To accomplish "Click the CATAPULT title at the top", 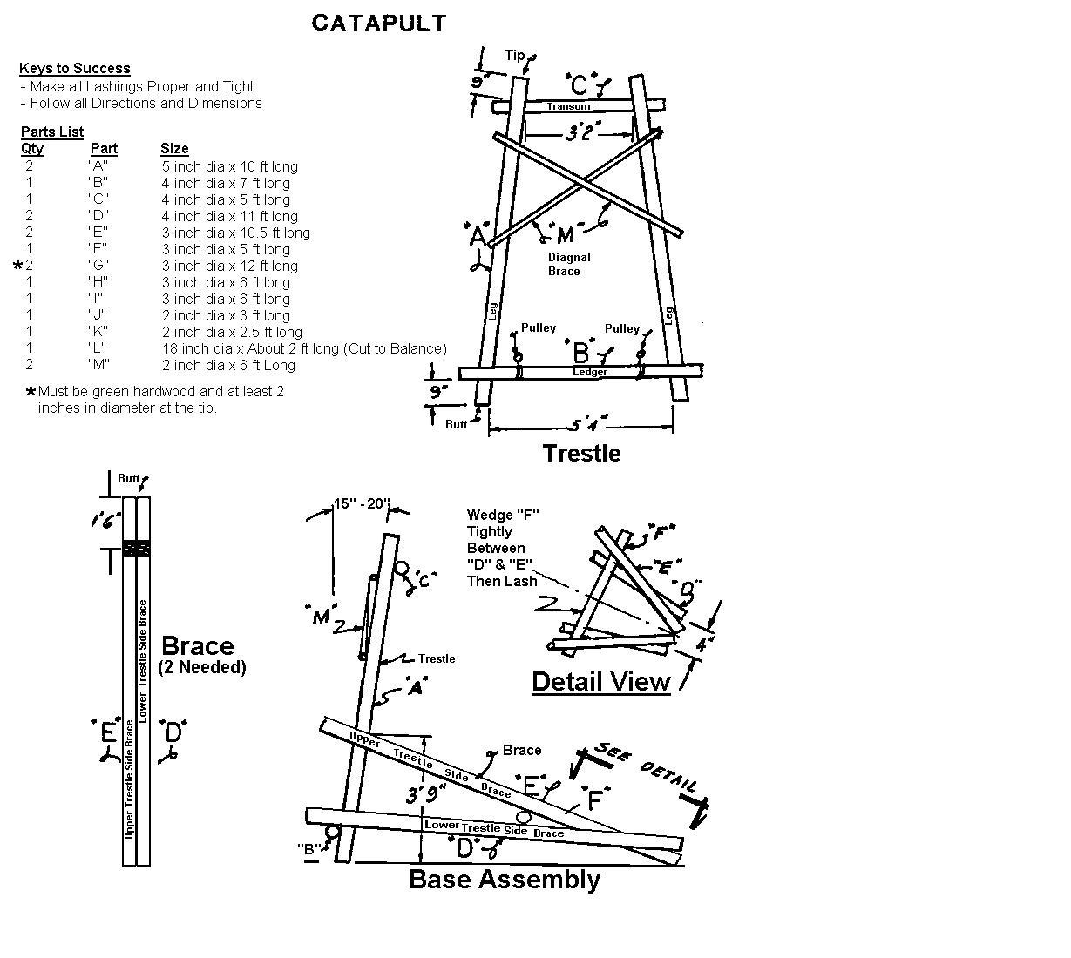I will (x=379, y=24).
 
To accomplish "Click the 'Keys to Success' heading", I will (x=75, y=68).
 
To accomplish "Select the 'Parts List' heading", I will (x=52, y=132).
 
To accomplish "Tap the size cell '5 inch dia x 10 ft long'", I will (x=229, y=166).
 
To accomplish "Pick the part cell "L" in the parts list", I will (x=98, y=348).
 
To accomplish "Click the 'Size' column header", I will (x=174, y=148).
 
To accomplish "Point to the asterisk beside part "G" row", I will (x=18, y=266).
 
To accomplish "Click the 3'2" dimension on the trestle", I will (x=580, y=133).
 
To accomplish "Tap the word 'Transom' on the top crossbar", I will (x=568, y=106).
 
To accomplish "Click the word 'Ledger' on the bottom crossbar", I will (x=590, y=372).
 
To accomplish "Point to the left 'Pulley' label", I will (x=538, y=327).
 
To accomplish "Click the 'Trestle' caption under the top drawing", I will (x=581, y=453).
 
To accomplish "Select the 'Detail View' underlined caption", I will (x=600, y=681).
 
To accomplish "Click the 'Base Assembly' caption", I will (x=505, y=879).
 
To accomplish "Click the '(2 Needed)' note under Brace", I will (x=202, y=667).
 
